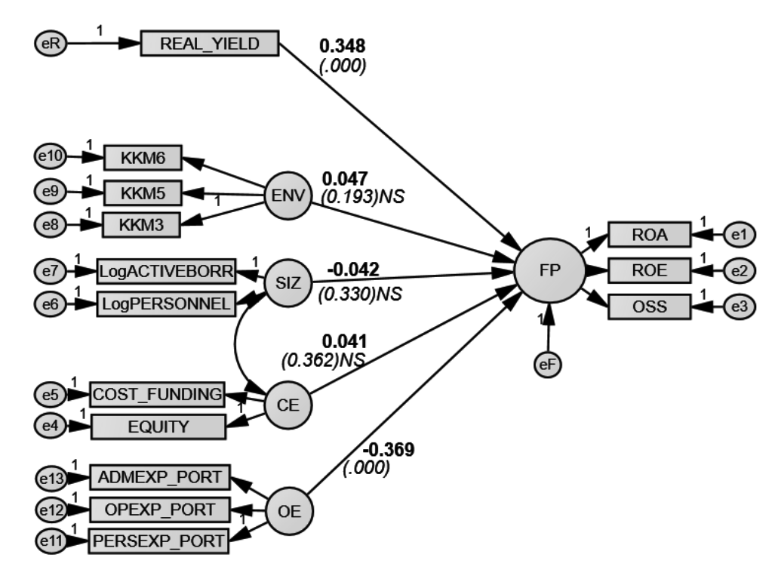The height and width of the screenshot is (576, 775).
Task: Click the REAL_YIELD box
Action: click(x=210, y=43)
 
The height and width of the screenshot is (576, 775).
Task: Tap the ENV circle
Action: click(x=286, y=196)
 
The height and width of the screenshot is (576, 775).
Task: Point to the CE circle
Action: click(x=287, y=404)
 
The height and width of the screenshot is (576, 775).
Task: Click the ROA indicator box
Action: click(x=649, y=236)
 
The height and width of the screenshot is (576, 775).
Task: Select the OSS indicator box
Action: click(x=649, y=306)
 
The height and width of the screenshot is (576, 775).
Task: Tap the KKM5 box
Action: click(x=142, y=193)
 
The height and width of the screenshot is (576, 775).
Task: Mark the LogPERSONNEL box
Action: click(x=166, y=303)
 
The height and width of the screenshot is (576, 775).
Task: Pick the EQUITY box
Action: click(x=158, y=427)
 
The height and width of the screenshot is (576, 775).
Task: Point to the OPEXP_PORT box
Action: click(x=159, y=510)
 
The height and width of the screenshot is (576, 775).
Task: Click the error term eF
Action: click(x=547, y=364)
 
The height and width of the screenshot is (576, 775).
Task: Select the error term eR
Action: click(x=51, y=43)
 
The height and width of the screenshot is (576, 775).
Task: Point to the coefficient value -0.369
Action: click(x=390, y=450)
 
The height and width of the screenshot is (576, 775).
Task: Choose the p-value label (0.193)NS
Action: click(x=363, y=197)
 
